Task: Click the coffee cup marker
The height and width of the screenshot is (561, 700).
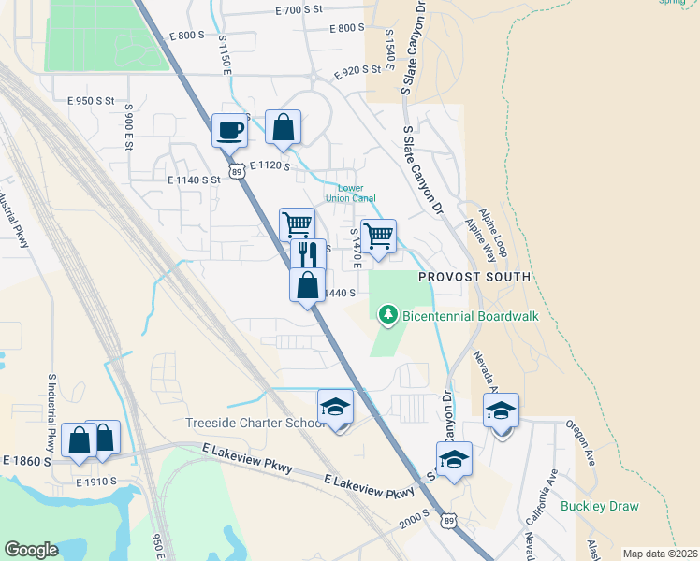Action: (229, 130)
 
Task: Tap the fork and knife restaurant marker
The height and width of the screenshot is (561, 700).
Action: (309, 254)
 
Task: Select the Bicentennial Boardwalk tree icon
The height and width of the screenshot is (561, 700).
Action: (388, 316)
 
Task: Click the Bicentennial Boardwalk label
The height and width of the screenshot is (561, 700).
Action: (471, 317)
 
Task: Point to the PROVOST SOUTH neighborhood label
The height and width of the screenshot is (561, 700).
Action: (474, 277)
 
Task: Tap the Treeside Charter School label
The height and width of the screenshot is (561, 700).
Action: (254, 423)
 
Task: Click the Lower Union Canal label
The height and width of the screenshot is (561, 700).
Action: (350, 193)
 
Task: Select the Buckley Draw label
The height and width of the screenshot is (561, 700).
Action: (599, 507)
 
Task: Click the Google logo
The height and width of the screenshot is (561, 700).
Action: (31, 549)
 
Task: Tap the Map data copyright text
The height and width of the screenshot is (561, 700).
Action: (660, 554)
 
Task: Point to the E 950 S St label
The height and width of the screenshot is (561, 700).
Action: (90, 100)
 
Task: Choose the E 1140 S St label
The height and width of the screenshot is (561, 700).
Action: (193, 179)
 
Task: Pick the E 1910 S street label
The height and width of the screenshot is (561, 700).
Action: (96, 482)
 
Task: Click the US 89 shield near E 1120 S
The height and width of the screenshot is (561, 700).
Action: (238, 172)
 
